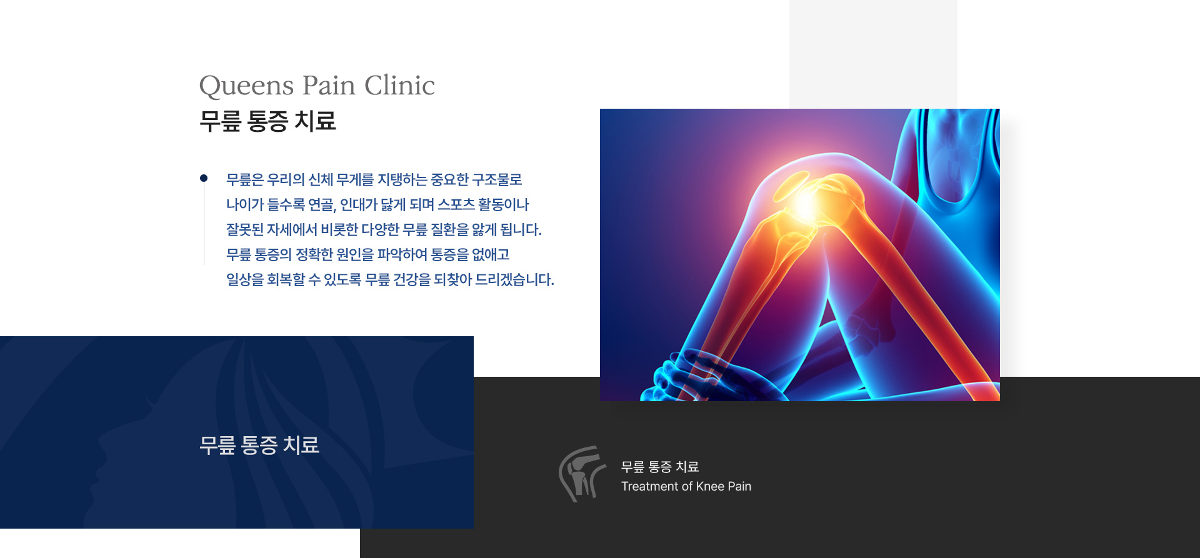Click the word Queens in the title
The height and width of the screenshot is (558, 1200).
coord(246,86)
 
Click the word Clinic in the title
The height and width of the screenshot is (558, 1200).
coord(399,85)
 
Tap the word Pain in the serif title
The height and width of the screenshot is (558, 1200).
coord(329,85)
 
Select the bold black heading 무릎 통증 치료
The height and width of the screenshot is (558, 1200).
coord(267,121)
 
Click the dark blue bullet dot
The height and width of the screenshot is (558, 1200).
coord(204,178)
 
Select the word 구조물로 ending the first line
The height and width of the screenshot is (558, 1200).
coord(497,180)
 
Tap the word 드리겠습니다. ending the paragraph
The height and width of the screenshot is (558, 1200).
coord(514,279)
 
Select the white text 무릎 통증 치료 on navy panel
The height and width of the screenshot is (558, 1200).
coord(259,445)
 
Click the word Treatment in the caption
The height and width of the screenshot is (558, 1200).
coord(649,486)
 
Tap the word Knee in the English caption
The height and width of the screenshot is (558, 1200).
coord(710,486)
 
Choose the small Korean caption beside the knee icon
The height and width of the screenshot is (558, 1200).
coord(660,467)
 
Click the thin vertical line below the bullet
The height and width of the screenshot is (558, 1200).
coord(204,223)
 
